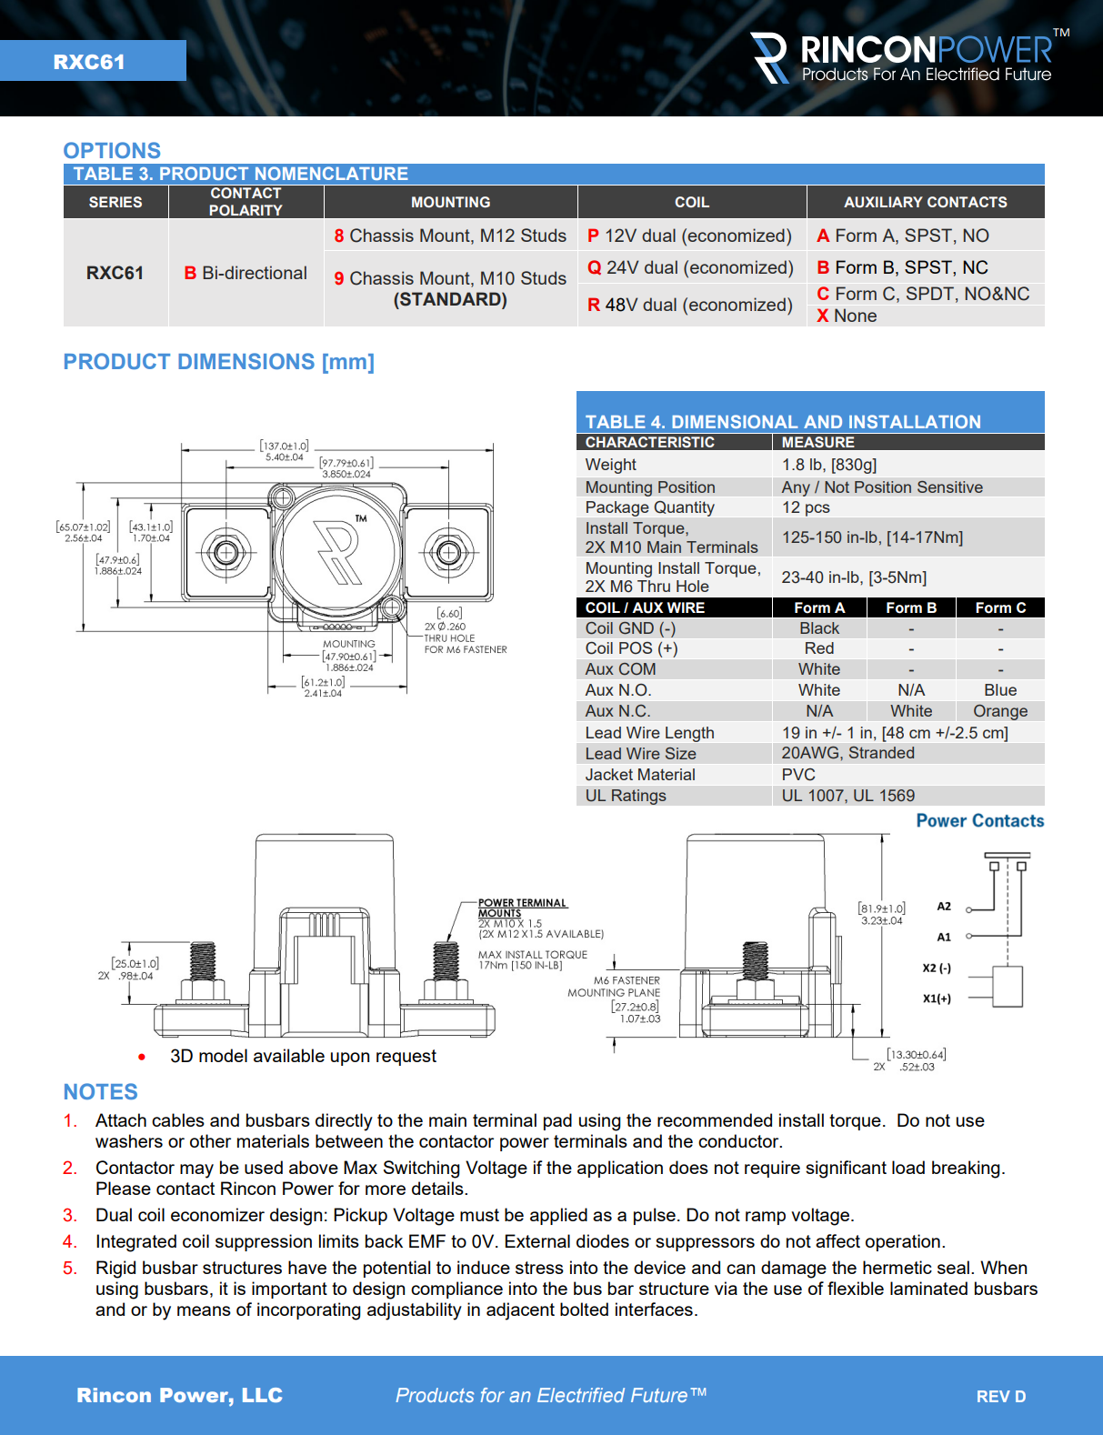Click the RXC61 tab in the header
89,62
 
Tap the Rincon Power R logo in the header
769,58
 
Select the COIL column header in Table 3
691,202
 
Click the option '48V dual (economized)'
690,305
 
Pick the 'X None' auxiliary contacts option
847,316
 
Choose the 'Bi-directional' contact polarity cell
246,273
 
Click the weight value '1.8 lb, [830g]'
828,465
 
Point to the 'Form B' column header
910,607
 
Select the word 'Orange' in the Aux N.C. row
999,711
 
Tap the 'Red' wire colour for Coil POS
818,648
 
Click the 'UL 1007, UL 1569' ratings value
847,796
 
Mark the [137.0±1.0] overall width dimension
285,446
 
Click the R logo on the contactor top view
337,550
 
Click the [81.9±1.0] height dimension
881,908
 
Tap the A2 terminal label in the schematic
944,907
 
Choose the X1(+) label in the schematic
937,998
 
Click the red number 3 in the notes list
69,1216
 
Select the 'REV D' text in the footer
1000,1397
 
